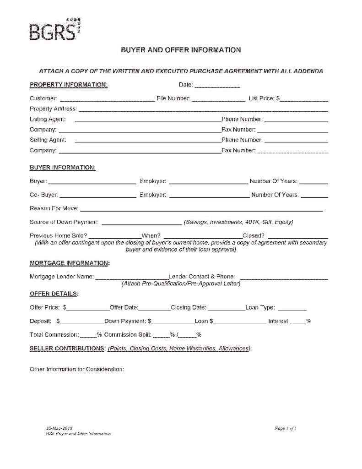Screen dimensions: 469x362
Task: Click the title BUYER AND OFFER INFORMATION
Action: point(181,50)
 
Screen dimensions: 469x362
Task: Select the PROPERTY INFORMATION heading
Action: point(69,85)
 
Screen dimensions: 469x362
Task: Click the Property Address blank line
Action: point(203,110)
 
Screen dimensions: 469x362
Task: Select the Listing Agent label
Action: point(48,120)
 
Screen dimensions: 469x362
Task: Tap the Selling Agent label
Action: point(48,140)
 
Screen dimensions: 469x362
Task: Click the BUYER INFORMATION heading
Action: point(63,168)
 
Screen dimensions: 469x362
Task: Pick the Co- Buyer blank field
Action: point(98,196)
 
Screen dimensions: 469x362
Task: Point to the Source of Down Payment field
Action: point(141,224)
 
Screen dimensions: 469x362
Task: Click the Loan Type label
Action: point(260,308)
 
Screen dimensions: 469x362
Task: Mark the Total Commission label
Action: point(54,335)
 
